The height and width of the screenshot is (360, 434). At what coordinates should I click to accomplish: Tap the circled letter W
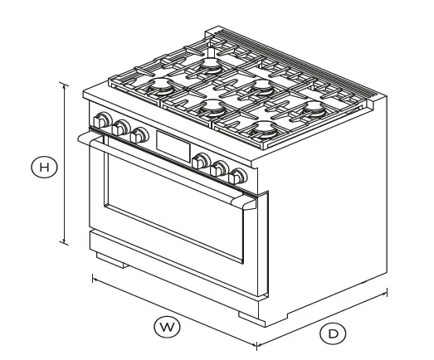(x=168, y=327)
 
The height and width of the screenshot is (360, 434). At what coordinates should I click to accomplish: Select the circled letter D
(x=333, y=333)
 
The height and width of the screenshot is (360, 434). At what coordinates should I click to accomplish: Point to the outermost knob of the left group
(x=102, y=119)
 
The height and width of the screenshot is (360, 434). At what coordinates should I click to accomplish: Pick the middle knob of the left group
(x=121, y=127)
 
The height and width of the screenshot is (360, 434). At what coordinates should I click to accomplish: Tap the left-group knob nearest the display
(x=139, y=134)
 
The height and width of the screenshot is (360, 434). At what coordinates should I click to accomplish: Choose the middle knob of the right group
(x=221, y=168)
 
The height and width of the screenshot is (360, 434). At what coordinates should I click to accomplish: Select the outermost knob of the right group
(x=240, y=176)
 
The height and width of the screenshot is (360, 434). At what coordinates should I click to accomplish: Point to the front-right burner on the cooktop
(x=267, y=129)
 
